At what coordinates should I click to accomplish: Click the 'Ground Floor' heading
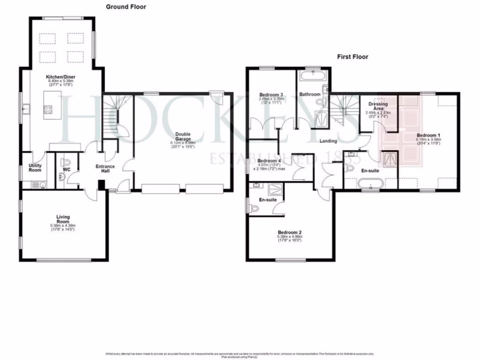click(x=126, y=7)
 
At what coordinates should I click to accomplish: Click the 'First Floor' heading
click(x=352, y=57)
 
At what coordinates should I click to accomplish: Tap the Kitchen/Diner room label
click(x=60, y=77)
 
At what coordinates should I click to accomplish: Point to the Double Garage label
click(x=183, y=136)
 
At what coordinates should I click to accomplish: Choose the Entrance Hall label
click(x=105, y=169)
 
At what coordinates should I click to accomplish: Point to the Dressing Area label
click(x=378, y=106)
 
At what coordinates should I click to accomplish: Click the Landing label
click(x=329, y=141)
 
